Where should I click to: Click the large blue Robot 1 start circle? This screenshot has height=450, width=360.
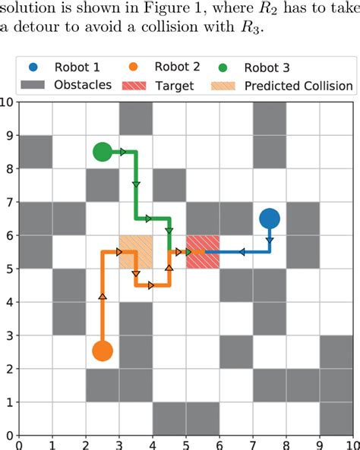coord(270,219)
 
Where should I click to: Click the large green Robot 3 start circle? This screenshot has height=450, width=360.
coord(103,152)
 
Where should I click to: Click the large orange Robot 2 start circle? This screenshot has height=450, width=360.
coord(103,351)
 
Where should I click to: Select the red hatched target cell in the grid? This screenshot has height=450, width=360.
coord(203,252)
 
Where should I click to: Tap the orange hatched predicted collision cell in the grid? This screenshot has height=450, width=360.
coord(136,252)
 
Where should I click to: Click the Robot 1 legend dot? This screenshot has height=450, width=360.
coord(33,68)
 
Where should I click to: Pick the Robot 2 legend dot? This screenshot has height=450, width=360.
coord(134,67)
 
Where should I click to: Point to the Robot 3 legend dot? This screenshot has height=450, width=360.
coord(223,68)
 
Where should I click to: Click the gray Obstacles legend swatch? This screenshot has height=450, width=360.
coord(33,85)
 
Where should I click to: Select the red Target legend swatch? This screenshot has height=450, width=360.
coord(134,86)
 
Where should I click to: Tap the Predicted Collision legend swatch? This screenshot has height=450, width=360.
coord(223,86)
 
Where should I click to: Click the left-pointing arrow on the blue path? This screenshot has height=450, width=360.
coord(242,252)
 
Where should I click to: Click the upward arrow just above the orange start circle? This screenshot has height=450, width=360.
coord(103,297)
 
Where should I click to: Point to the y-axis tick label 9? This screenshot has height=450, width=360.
coord(10,136)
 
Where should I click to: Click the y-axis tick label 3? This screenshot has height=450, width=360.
coord(10,335)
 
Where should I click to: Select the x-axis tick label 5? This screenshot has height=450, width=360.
coord(186,445)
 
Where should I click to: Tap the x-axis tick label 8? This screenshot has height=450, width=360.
coord(286,445)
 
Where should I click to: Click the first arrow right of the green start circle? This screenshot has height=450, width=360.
coord(123,152)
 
